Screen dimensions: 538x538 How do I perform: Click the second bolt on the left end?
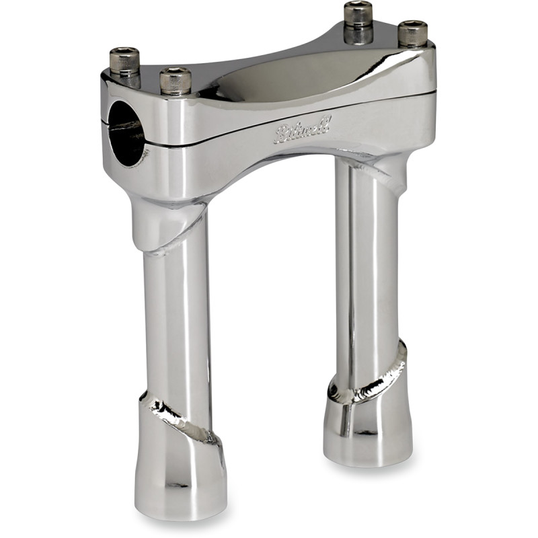pos(176,80)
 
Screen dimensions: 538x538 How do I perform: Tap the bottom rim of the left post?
pos(180,514)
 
